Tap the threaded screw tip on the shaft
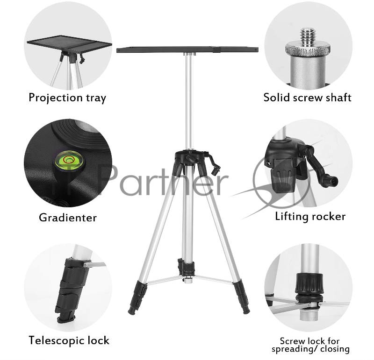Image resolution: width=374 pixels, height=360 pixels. coord(308,36)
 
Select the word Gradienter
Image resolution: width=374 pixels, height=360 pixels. coord(68,218)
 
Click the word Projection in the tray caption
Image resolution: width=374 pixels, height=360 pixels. coord(55,98)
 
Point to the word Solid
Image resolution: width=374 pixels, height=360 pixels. coord(276,98)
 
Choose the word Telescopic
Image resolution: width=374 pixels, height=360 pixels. coord(57,340)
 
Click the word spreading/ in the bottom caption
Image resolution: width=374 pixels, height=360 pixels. coord(295,350)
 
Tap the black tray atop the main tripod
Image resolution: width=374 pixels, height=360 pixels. coord(187,50)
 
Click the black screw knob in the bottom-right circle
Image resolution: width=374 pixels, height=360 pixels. coord(309,283)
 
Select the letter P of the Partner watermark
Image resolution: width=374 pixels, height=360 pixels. coord(110,180)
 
